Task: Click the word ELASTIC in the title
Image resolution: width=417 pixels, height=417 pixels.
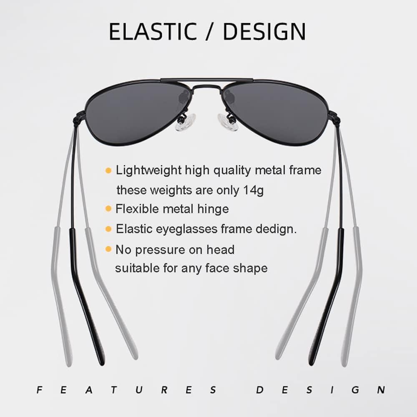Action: (x=153, y=31)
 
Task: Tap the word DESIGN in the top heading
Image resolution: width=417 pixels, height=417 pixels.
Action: (x=264, y=31)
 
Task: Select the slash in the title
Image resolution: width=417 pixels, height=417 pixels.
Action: (x=210, y=31)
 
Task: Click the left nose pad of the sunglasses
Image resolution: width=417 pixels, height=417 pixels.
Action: (x=186, y=122)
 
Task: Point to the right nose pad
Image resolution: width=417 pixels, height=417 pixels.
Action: (x=228, y=122)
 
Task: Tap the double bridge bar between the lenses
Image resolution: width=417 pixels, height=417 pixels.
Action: (x=207, y=80)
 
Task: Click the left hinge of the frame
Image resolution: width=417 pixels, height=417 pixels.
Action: (x=79, y=118)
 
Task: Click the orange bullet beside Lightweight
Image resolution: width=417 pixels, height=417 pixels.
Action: (x=108, y=171)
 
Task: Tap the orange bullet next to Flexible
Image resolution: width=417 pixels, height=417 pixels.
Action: (x=108, y=208)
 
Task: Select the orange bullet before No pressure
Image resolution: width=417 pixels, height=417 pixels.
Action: (x=108, y=249)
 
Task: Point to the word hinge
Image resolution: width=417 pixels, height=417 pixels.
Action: (x=213, y=209)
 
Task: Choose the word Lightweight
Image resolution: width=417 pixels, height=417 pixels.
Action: (x=149, y=171)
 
